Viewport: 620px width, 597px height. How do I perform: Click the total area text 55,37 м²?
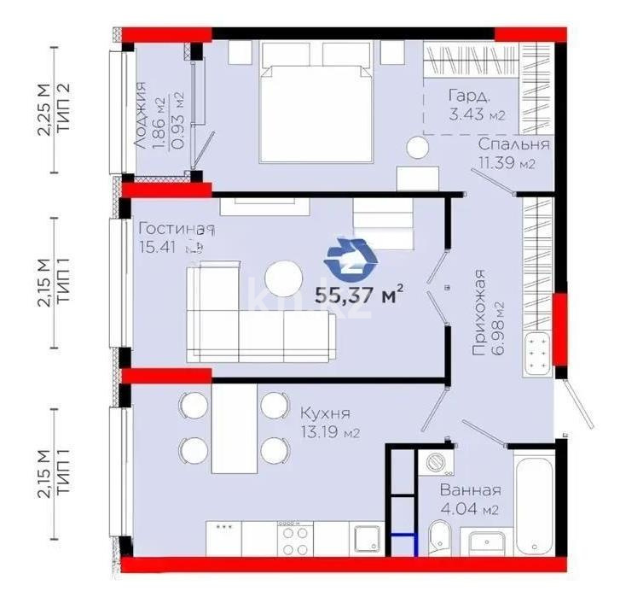[x=359, y=296]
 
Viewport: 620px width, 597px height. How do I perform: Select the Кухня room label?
[x=321, y=413]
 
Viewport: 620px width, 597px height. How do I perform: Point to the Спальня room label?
[x=513, y=144]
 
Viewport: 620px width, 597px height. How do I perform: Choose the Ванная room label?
[x=470, y=491]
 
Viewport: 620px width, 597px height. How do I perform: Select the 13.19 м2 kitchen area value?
[x=328, y=433]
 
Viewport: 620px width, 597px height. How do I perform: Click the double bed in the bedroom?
[x=319, y=98]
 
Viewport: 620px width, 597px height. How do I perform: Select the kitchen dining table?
[x=235, y=427]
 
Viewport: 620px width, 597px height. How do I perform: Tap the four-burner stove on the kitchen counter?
[x=295, y=539]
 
